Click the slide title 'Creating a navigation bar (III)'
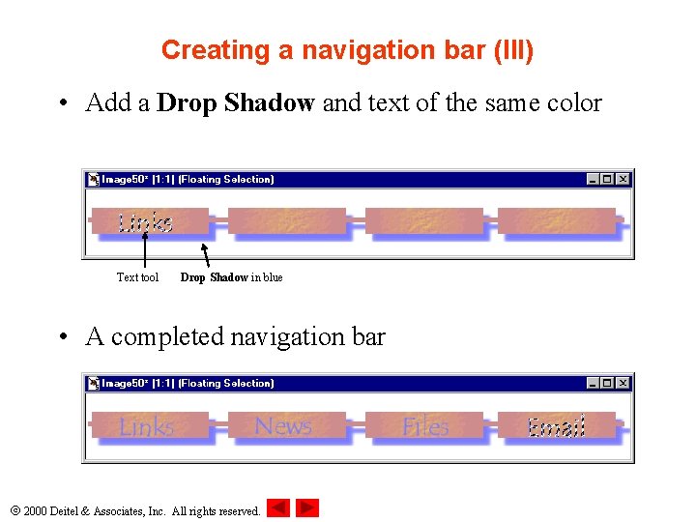[347, 50]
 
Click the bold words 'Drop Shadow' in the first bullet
[235, 102]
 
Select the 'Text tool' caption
[137, 277]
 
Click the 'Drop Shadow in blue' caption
[231, 277]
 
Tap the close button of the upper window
[623, 179]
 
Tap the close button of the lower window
[623, 383]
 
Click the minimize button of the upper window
[593, 179]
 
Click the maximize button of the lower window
[607, 383]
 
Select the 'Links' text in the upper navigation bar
[145, 223]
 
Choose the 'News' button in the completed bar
[283, 426]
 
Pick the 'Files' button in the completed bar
[424, 426]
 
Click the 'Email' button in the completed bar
[557, 426]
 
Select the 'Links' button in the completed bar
[147, 426]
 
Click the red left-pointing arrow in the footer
[278, 507]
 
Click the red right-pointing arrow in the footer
[307, 507]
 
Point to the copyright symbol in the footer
[14, 510]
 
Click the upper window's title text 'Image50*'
[126, 179]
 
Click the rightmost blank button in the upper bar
[557, 222]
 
